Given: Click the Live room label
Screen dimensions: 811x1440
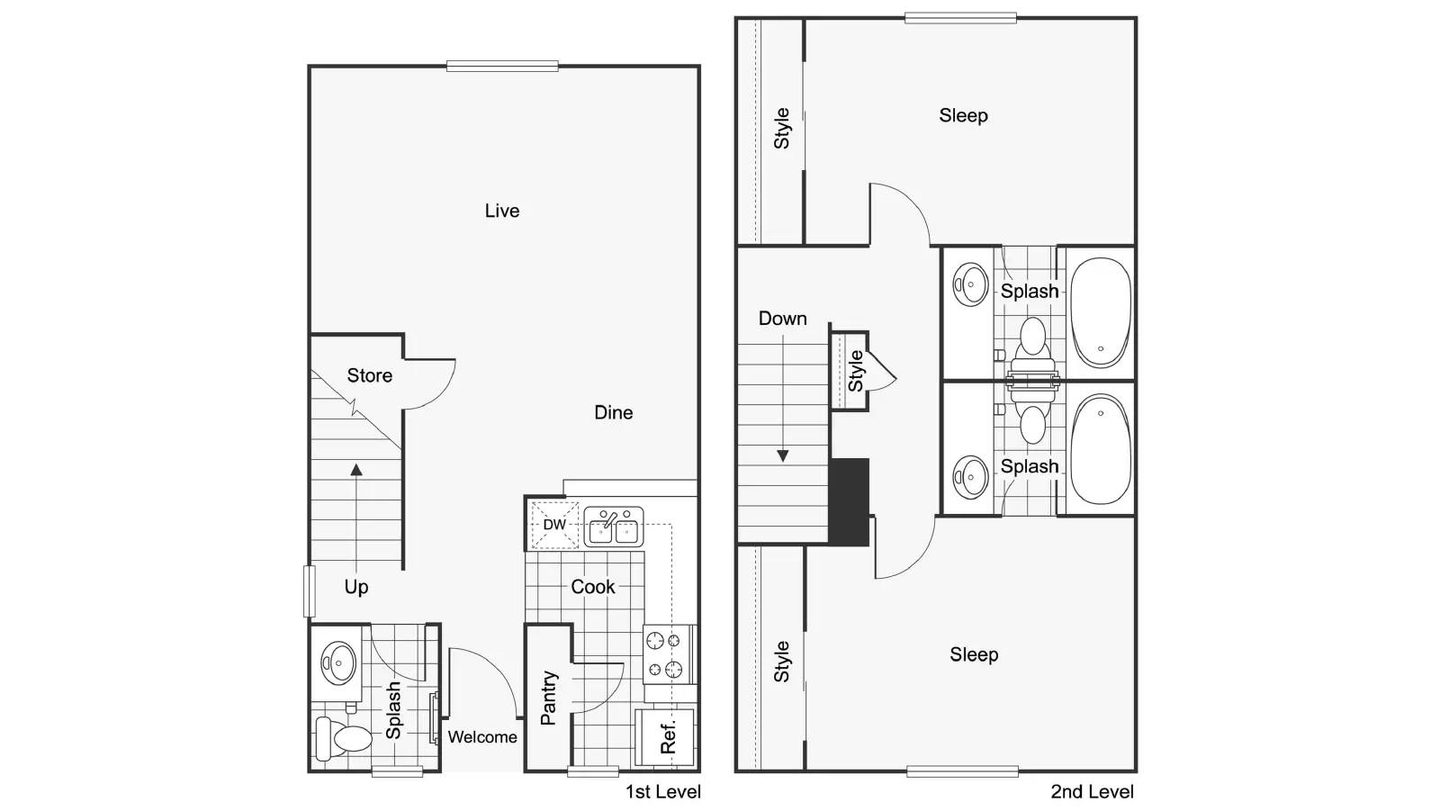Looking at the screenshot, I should (501, 211).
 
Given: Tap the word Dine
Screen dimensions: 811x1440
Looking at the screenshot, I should (613, 412).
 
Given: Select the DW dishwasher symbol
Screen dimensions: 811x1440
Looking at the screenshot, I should (553, 525).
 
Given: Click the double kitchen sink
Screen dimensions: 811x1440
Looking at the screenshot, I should (613, 527).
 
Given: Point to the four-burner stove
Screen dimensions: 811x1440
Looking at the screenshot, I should (668, 654).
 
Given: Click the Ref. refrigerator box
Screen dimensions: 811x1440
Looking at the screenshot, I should (666, 737).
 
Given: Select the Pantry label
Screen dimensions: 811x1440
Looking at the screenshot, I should (548, 698).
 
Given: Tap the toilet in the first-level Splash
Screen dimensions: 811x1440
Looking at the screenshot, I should (345, 738).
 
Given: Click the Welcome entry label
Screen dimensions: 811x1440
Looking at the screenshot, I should (482, 737).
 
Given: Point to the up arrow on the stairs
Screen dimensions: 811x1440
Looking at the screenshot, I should (356, 471).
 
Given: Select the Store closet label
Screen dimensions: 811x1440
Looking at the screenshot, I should (369, 375).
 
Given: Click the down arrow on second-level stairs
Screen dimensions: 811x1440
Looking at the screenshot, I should (782, 455).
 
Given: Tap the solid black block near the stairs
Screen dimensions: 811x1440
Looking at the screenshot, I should (849, 501).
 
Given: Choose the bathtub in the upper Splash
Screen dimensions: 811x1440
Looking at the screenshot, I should (1100, 312).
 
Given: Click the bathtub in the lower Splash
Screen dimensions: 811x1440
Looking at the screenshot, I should (1100, 449).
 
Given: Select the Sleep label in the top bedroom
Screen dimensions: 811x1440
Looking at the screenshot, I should (963, 115).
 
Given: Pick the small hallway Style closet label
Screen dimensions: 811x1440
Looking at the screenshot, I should (856, 371).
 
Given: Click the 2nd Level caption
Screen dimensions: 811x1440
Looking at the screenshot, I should (1092, 792).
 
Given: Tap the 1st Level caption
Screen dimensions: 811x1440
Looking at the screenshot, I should (662, 792).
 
